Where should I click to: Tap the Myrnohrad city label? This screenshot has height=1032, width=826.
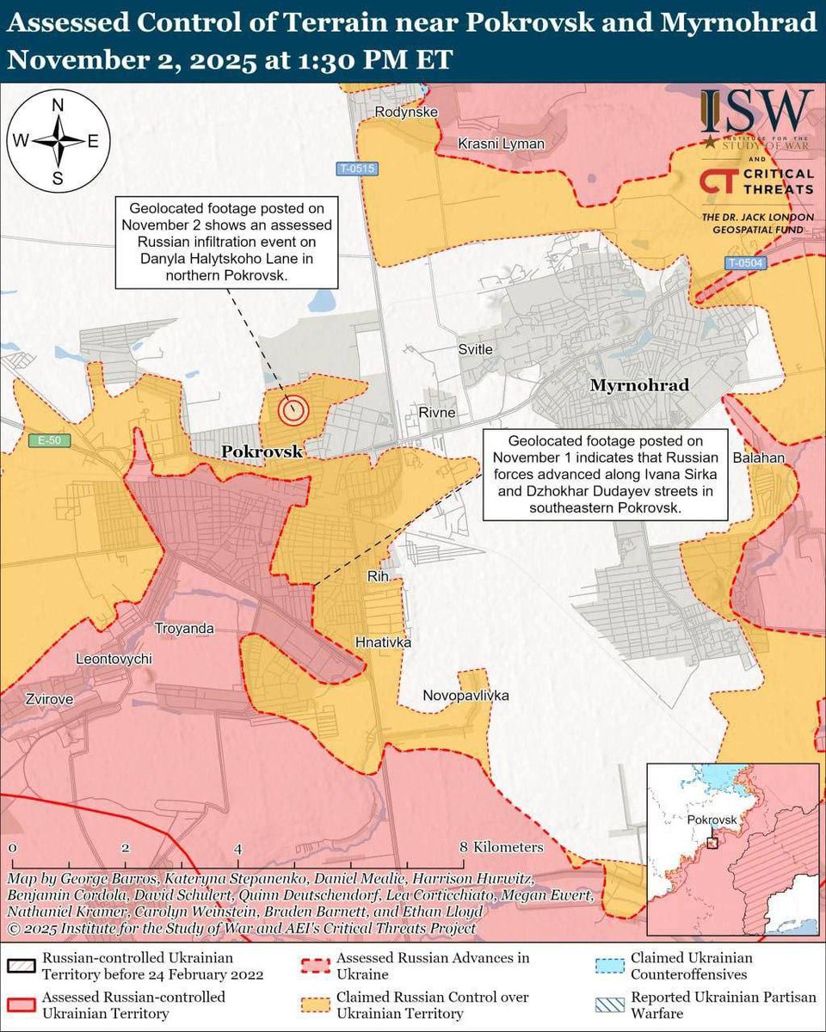639,385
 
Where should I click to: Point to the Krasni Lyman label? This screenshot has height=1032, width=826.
501,144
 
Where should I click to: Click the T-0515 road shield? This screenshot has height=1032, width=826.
356,169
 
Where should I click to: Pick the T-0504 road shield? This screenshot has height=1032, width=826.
743,264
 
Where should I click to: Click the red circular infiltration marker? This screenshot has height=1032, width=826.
293,410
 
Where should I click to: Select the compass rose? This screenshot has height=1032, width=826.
58,141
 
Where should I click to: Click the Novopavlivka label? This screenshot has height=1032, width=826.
465,695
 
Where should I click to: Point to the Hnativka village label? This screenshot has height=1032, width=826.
384,642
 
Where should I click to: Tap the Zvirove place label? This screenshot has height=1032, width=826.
37,699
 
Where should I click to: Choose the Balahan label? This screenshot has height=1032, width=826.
759,458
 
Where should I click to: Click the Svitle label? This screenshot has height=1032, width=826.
475,349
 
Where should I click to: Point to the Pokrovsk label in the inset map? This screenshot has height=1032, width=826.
713,821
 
